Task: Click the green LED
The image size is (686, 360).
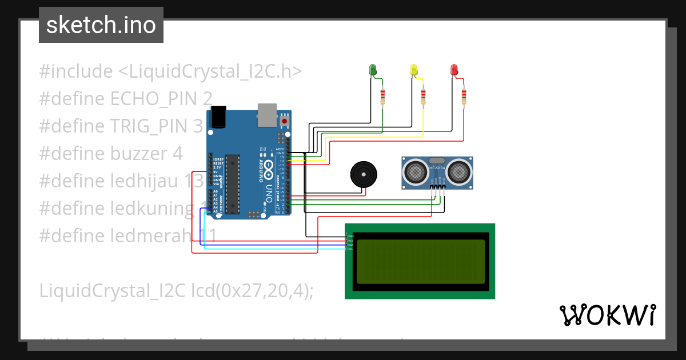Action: pos(373,70)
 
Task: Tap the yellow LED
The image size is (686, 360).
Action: pos(414,70)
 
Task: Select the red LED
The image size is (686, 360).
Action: pos(454,70)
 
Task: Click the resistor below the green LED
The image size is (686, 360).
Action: pos(382,97)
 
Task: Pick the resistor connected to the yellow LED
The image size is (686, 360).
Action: pos(423,97)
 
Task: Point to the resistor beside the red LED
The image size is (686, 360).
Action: pos(464,97)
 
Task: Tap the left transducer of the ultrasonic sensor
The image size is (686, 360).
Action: pos(414,170)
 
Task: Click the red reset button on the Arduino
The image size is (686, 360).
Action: pos(284,121)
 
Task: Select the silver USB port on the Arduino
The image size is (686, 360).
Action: pos(266,114)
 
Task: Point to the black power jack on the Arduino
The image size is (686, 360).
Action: pos(219,117)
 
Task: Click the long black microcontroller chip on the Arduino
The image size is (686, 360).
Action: pos(232,183)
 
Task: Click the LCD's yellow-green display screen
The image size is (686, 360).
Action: pos(420,261)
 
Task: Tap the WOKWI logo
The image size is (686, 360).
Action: pos(607,315)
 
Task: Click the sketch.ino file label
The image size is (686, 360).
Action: pos(101,25)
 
